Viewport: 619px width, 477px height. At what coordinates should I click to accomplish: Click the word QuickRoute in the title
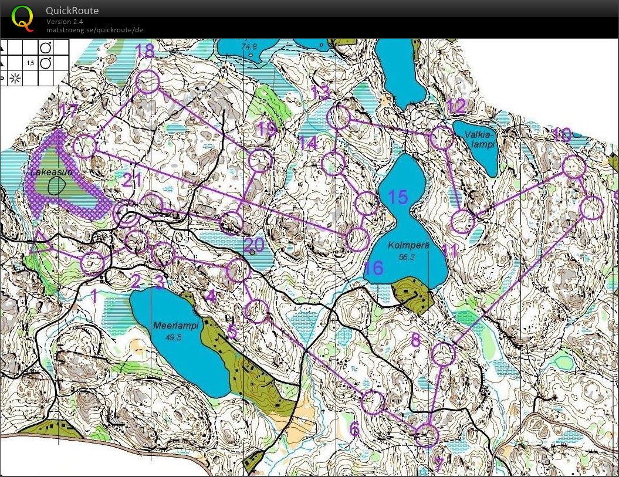point(72,11)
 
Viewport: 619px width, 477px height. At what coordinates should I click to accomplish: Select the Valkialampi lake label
point(481,138)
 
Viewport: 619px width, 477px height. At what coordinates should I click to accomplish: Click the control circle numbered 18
point(147,82)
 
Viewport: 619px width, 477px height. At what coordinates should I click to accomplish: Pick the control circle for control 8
point(444,354)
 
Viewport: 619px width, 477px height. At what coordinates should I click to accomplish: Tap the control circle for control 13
point(339,118)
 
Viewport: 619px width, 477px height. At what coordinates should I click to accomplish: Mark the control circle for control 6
point(372,402)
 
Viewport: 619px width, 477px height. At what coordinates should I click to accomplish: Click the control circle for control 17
point(85,146)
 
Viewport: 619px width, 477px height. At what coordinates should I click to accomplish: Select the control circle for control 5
point(256,311)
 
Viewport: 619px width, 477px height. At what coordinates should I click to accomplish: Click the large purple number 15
point(398,197)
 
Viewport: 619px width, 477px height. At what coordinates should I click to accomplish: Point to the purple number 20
point(253,245)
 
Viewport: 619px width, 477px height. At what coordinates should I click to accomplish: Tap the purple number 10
point(562,136)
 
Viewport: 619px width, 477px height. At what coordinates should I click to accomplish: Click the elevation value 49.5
point(174,337)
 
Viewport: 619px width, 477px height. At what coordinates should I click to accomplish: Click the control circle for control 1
point(92,264)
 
